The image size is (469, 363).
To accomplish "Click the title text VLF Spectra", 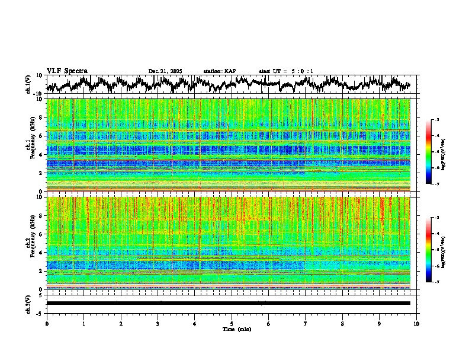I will coord(67,71).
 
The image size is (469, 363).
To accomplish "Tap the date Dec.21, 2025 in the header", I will coord(165,71).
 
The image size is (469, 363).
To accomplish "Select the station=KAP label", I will coord(219,71).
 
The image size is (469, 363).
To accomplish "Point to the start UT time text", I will coord(286,71).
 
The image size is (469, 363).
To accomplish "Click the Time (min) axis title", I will coord(236,329).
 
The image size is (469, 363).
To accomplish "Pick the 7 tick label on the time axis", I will coord(306,324).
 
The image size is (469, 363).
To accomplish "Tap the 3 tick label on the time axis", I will coord(158,324).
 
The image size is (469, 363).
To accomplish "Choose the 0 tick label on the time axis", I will coord(47,324).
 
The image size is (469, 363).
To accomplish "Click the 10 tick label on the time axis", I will coord(416,324).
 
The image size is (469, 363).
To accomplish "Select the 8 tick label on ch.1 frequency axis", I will coord(40,117).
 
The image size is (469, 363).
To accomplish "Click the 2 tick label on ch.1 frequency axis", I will coord(40,173).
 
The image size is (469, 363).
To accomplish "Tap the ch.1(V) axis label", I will coord(28,84).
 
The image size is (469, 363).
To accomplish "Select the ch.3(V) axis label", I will coord(28,302).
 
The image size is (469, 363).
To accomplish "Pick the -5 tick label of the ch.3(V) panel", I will coord(39,312).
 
